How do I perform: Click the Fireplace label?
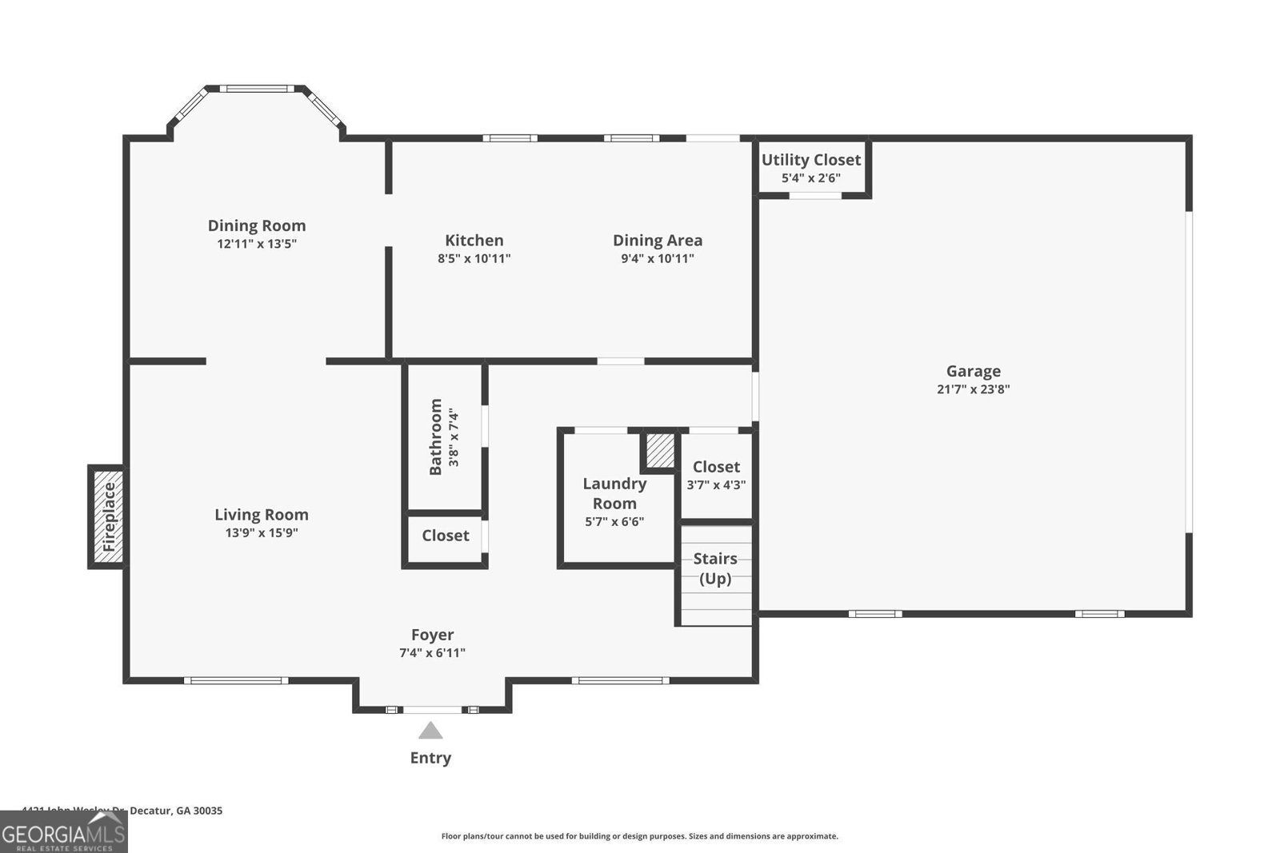[110, 516]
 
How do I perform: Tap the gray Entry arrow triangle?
[430, 731]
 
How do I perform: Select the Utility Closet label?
[810, 160]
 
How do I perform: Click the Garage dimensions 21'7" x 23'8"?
[973, 389]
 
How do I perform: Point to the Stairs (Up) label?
[715, 568]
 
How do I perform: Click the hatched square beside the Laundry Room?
[660, 452]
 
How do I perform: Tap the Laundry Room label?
[614, 493]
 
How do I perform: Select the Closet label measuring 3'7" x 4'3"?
[716, 467]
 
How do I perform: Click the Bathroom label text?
[436, 436]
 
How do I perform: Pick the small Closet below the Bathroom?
[445, 536]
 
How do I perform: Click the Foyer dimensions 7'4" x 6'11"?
[432, 653]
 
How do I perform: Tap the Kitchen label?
[474, 241]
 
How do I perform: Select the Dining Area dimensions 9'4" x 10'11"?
[658, 258]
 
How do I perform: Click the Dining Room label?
[257, 226]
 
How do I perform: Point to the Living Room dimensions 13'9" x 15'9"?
[262, 532]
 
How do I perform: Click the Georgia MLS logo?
[63, 833]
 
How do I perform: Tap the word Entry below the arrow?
[430, 758]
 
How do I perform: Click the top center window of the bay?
[256, 89]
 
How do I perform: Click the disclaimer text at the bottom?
[639, 836]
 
